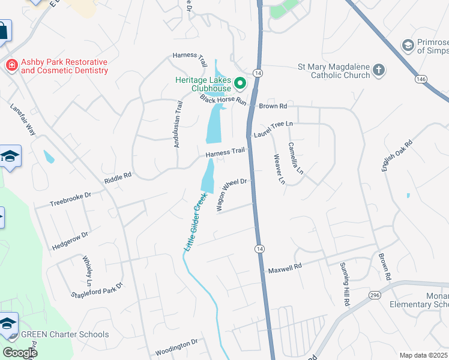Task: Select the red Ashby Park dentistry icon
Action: [10, 66]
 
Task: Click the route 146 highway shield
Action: [421, 79]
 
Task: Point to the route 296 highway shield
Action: [375, 295]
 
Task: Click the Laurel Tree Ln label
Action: [276, 128]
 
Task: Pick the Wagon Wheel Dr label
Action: [231, 194]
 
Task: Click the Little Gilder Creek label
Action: [195, 221]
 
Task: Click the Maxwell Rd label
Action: [285, 268]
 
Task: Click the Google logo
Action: [20, 352]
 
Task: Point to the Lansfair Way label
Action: [23, 120]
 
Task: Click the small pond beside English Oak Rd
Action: [408, 196]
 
